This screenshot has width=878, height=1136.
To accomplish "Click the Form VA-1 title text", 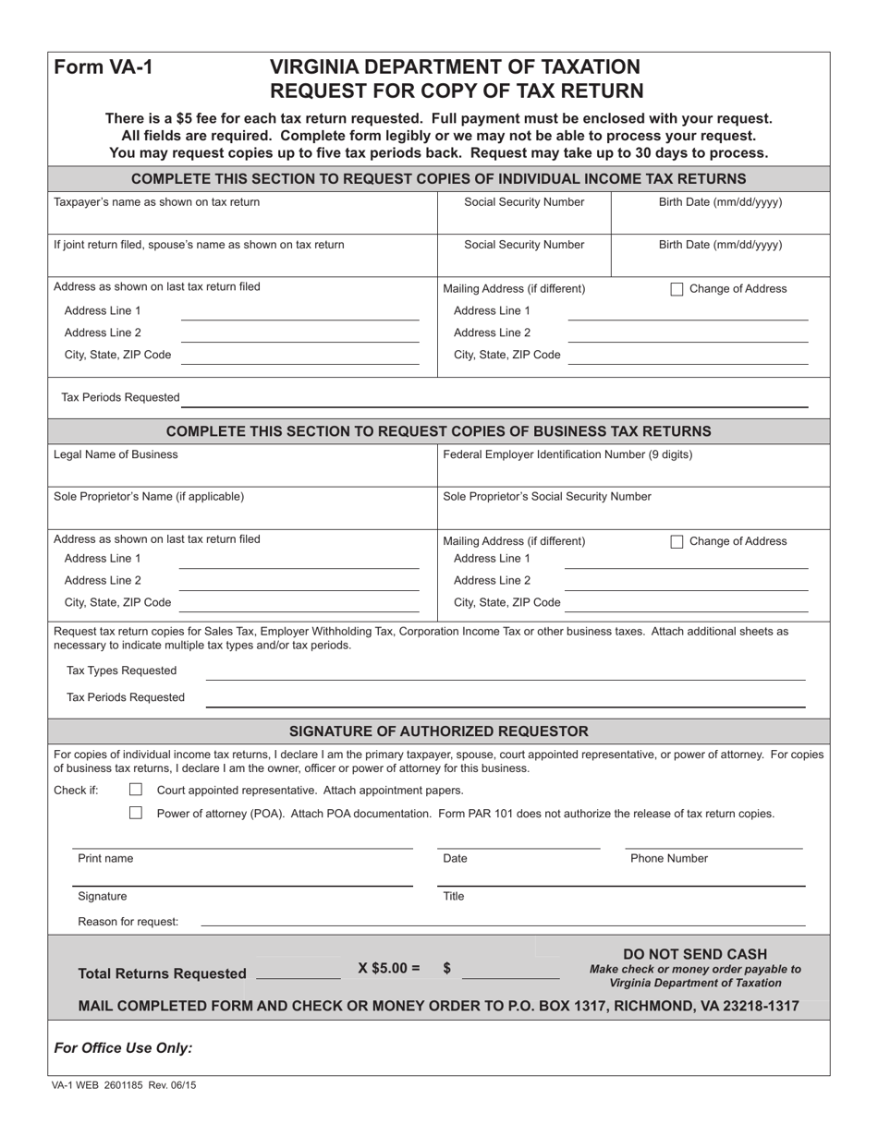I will pyautogui.click(x=104, y=67).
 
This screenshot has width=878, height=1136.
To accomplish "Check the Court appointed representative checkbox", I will pyautogui.click(x=136, y=790).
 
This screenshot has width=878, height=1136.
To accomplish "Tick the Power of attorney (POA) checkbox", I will pyautogui.click(x=136, y=813).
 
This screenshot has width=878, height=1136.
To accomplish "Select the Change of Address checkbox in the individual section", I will pyautogui.click(x=677, y=289).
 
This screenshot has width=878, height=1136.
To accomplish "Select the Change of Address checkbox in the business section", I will pyautogui.click(x=677, y=541).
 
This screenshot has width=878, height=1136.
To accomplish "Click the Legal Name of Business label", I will pyautogui.click(x=116, y=454).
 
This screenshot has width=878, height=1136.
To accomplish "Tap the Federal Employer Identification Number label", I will pyautogui.click(x=567, y=454).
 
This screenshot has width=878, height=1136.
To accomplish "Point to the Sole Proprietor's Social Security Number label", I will pyautogui.click(x=547, y=496).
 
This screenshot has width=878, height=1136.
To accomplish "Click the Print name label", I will pyautogui.click(x=105, y=858).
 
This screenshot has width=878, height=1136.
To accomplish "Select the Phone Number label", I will pyautogui.click(x=669, y=858).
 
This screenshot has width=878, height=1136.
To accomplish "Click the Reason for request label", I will pyautogui.click(x=128, y=921).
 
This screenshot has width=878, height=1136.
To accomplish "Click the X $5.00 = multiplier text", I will pyautogui.click(x=389, y=968).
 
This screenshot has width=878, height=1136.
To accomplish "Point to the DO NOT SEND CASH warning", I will pyautogui.click(x=695, y=954).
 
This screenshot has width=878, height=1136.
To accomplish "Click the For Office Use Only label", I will pyautogui.click(x=123, y=1047).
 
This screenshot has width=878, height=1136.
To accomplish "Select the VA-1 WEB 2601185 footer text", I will pyautogui.click(x=124, y=1085).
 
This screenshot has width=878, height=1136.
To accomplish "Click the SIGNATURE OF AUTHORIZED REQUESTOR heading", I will pyautogui.click(x=438, y=731).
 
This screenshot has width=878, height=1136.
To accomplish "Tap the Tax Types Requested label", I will pyautogui.click(x=121, y=671).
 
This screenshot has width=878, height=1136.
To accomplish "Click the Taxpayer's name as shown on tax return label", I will pyautogui.click(x=156, y=201).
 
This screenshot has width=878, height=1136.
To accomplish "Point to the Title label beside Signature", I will pyautogui.click(x=454, y=896).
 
